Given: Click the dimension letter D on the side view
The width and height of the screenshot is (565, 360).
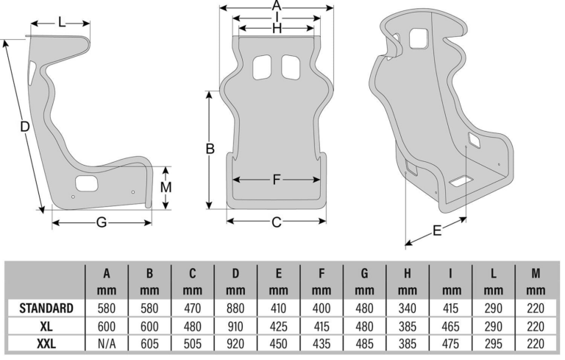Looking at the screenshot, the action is tap(24, 127).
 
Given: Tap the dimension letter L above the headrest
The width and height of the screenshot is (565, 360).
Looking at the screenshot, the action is tap(62, 23).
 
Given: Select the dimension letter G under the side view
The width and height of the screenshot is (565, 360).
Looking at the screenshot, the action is tap(102, 222).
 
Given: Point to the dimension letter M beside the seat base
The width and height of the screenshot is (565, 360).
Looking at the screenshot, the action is tap(166, 188).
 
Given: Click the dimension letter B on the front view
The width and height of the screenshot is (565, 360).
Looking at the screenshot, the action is tap(210, 149).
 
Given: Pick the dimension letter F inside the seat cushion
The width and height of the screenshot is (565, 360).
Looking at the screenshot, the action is tap(277, 180).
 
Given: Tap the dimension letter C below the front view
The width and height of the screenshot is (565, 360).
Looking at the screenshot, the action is tap(277, 222).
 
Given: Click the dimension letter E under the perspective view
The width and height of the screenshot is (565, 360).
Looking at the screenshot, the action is tap(437, 230).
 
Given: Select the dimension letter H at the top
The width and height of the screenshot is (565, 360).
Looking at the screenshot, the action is tap(277, 28).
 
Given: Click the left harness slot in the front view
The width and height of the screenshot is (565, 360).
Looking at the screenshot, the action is tap(262, 67).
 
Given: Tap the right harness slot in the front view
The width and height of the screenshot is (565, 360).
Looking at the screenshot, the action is tap(291, 67).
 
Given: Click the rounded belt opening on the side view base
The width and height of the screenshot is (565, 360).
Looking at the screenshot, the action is tap(87, 183).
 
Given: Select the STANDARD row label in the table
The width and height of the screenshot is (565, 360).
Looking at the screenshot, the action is tap(46, 308).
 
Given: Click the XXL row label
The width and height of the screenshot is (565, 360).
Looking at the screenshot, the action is tap(46, 344).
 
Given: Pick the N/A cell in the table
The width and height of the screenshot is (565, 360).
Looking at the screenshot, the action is tap(107, 344).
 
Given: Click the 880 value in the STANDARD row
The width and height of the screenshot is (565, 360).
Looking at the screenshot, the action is tap(235, 308).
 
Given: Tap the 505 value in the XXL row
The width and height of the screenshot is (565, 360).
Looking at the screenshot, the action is tap(193, 344).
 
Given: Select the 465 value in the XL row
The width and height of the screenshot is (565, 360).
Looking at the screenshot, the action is tap(450, 326).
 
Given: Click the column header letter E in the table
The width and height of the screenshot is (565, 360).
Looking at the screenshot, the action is tap(279, 274).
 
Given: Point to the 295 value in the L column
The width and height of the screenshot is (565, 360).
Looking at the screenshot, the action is tap(494, 344).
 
